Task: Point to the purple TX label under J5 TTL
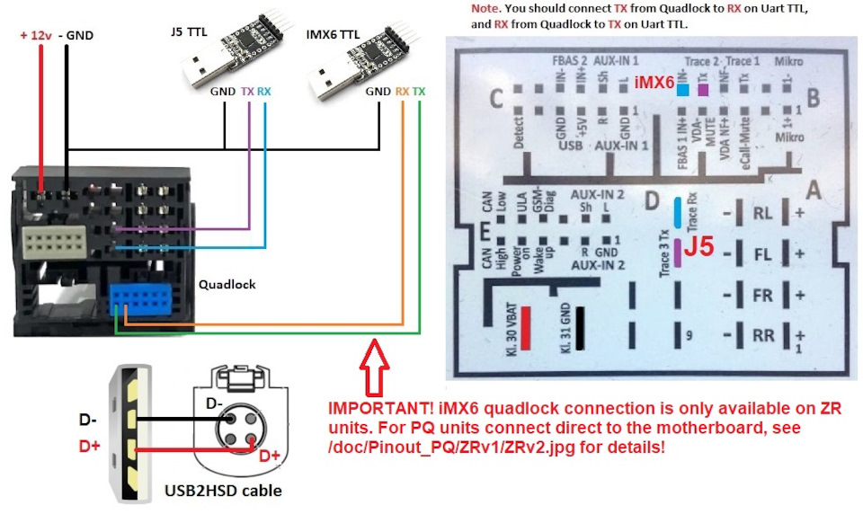tap(247, 92)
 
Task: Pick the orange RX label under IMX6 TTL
tap(403, 92)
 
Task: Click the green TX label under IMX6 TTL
tap(420, 92)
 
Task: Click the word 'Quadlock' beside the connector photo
tap(227, 284)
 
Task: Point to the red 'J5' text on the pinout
tap(699, 246)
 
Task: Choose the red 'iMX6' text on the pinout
tap(654, 83)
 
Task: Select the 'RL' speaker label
tap(763, 214)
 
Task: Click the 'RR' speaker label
tap(763, 336)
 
